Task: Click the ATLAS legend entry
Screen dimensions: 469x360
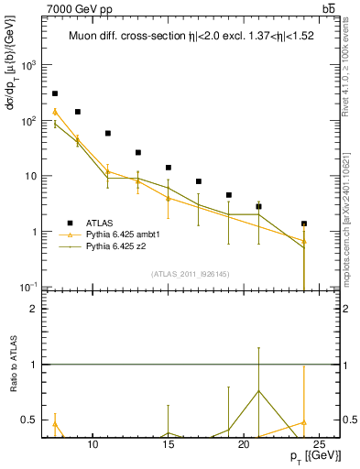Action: [100, 223]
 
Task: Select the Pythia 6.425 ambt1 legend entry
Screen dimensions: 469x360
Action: [125, 234]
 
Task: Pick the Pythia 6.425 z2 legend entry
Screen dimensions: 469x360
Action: [119, 246]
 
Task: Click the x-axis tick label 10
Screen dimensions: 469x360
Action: [93, 444]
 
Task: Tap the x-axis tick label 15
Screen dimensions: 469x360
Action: [169, 444]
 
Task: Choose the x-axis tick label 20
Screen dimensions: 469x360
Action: [244, 444]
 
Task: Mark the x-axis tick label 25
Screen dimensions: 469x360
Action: [319, 444]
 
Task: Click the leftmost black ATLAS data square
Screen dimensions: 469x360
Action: [55, 93]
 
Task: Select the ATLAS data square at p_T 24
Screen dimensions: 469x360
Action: [304, 224]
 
